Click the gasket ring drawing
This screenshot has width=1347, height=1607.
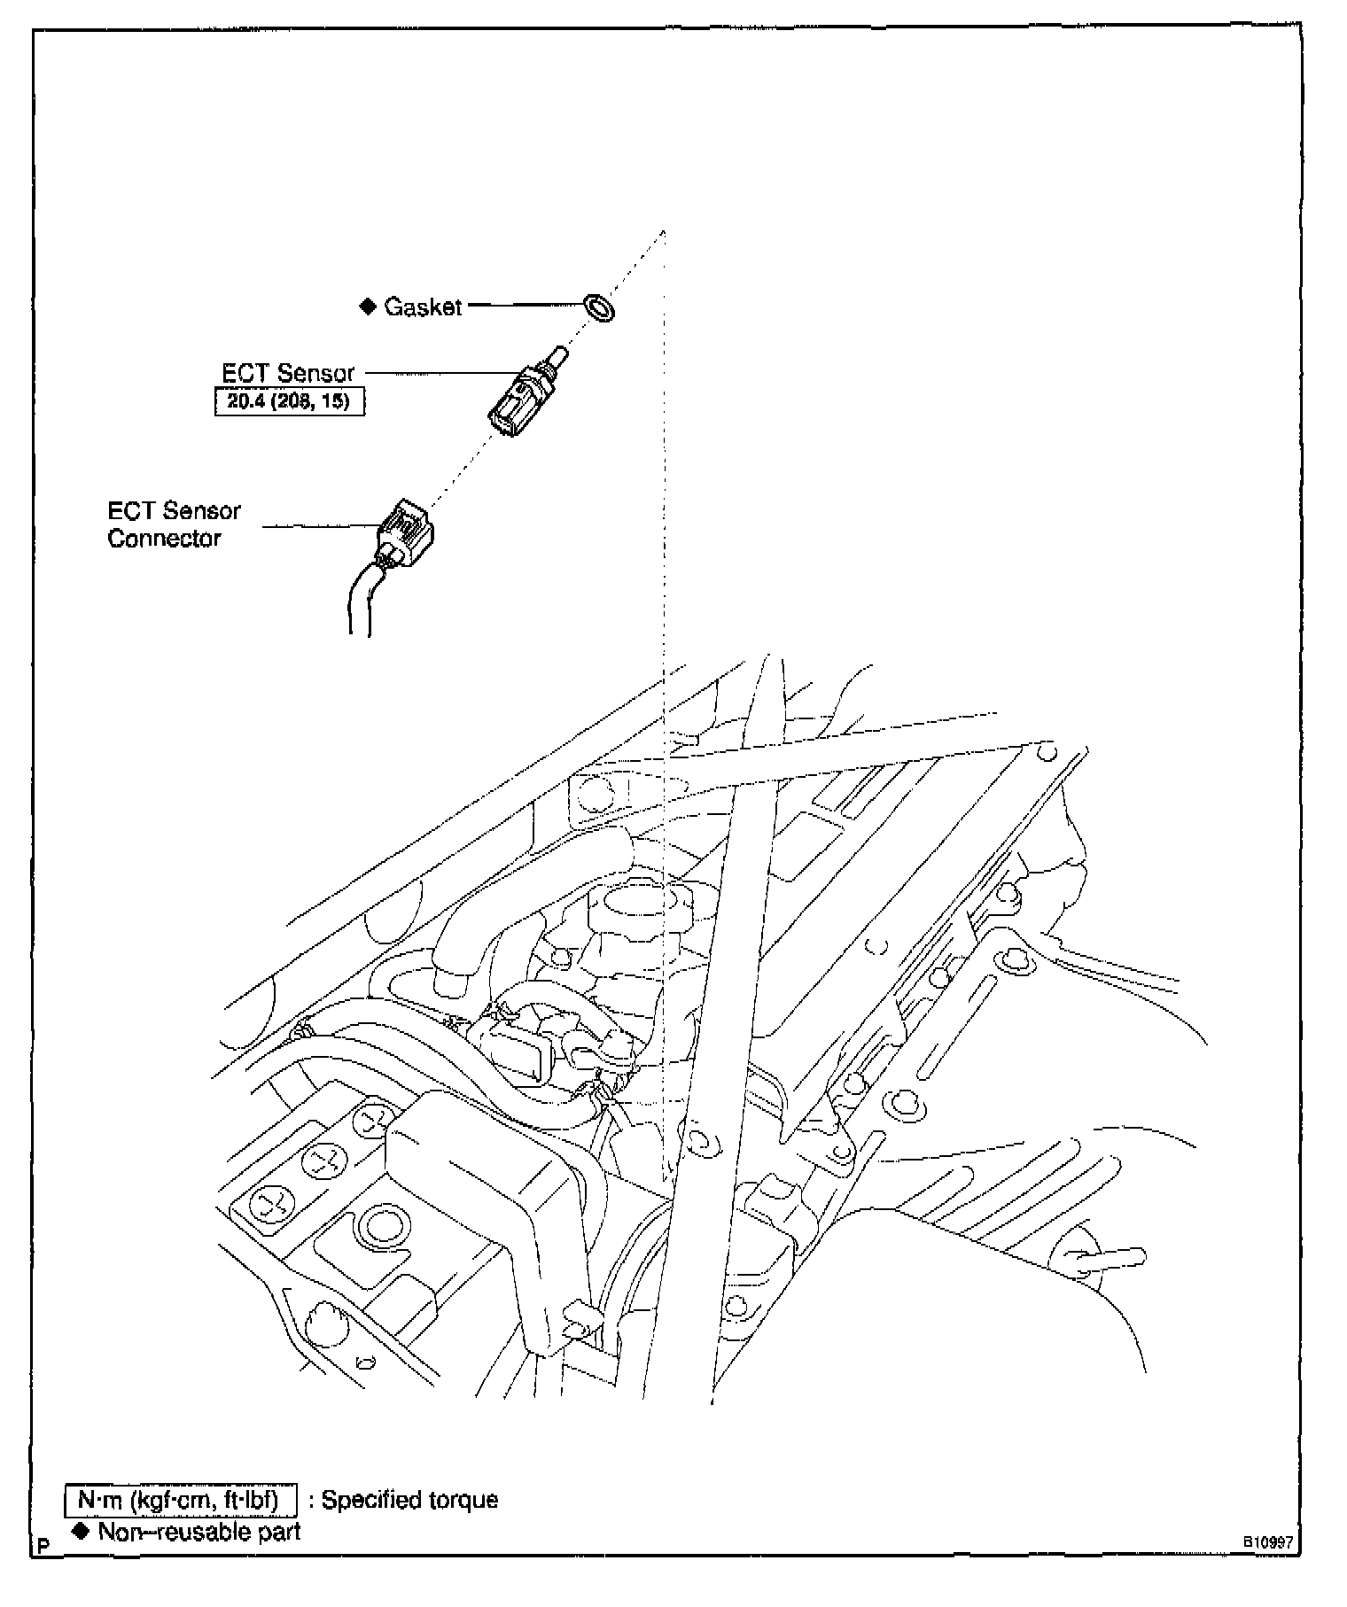click(x=600, y=308)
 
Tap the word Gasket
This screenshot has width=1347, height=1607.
click(x=424, y=307)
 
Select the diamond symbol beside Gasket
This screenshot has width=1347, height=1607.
click(x=367, y=307)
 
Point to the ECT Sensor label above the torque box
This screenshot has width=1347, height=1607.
click(x=288, y=373)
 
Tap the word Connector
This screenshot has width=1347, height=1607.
click(x=164, y=539)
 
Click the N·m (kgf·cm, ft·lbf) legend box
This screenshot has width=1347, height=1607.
click(x=181, y=1500)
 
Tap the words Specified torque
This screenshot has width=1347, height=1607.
click(x=409, y=1500)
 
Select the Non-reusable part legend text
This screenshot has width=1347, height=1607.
click(x=199, y=1531)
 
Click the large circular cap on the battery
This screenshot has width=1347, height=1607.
click(x=382, y=1229)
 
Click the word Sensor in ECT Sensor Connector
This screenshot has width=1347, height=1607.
click(x=201, y=511)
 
